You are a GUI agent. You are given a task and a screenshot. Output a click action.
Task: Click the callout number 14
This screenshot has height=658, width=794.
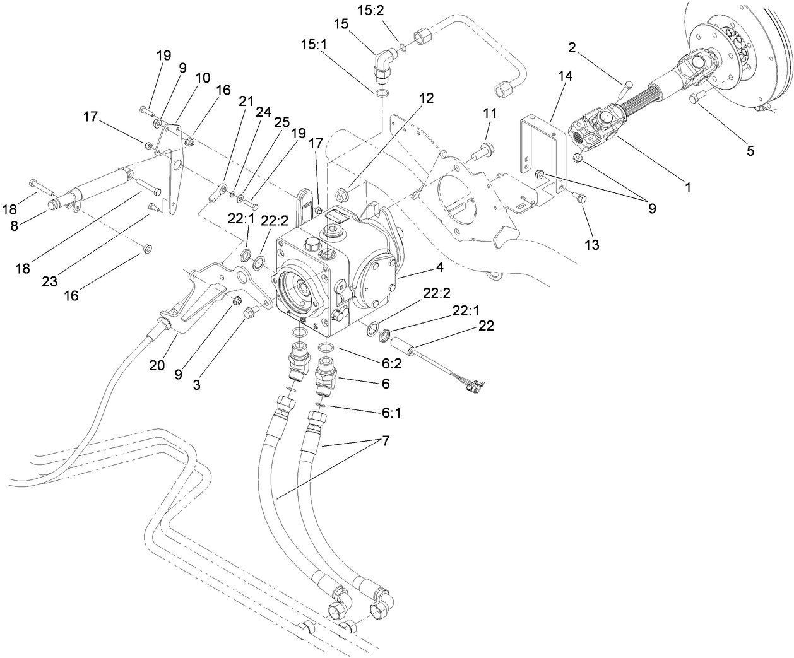(547, 76)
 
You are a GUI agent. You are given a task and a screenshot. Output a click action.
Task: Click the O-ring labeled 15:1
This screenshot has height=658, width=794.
(381, 94)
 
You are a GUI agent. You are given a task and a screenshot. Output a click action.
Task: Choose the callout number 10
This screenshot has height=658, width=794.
(185, 78)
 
